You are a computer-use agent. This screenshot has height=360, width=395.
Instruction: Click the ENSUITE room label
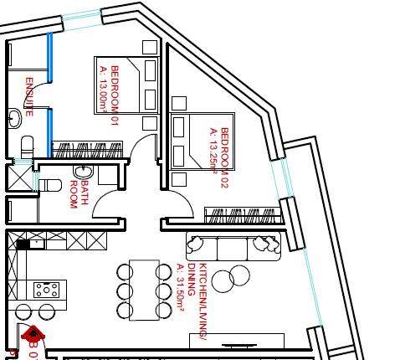[29, 96]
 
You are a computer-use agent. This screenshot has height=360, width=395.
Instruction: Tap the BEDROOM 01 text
[115, 95]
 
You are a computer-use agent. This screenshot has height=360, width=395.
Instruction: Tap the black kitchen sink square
[23, 244]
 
